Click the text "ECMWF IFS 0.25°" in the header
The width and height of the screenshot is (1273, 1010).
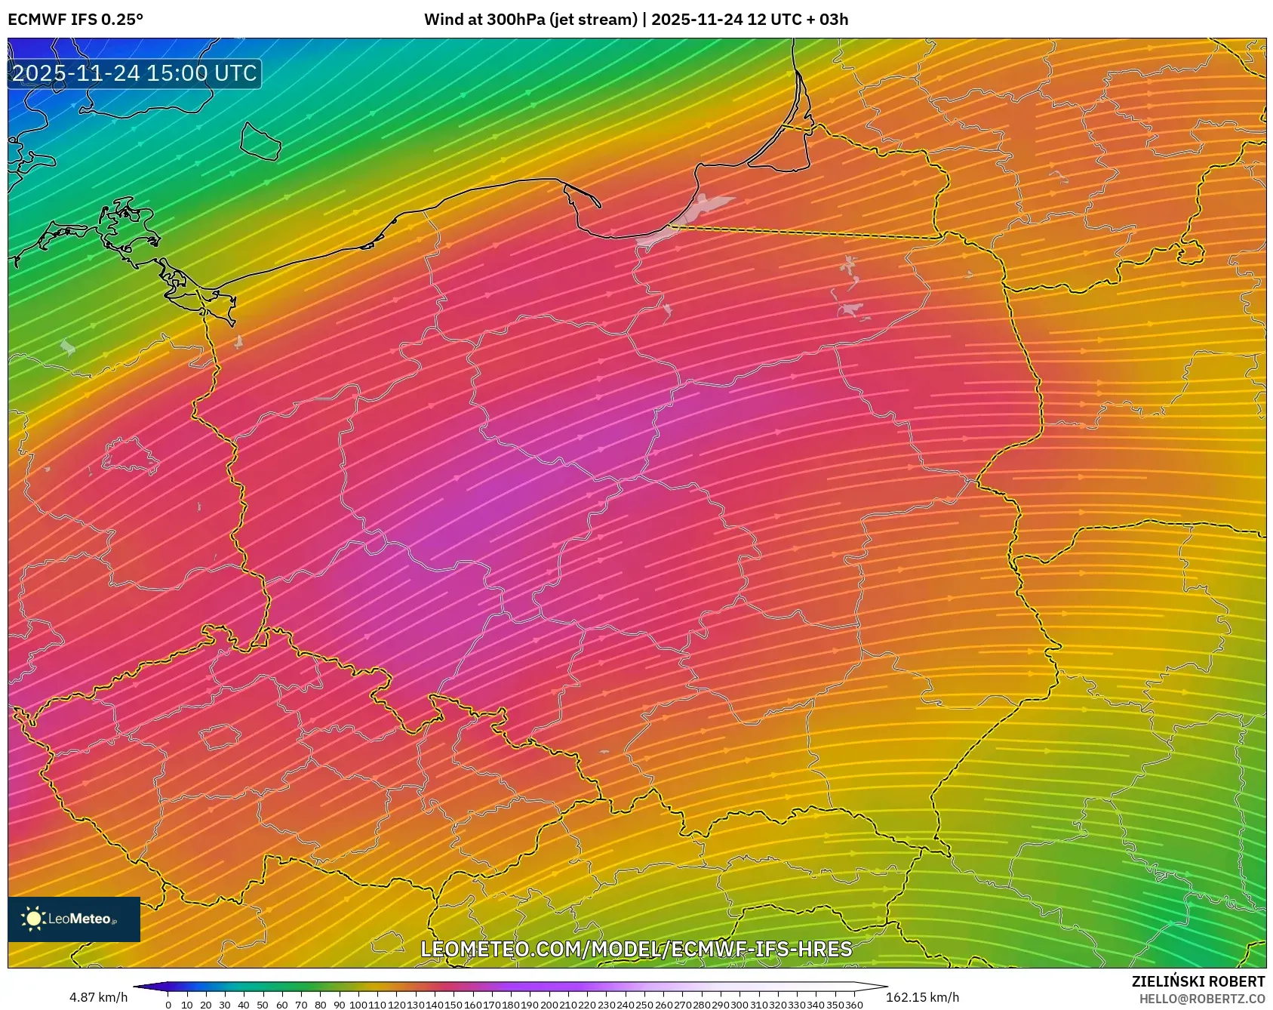click(x=75, y=19)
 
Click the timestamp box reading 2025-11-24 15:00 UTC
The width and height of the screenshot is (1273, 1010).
click(x=134, y=73)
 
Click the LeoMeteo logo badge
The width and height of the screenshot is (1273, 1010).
click(x=74, y=919)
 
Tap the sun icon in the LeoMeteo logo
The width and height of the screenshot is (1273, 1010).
click(x=33, y=919)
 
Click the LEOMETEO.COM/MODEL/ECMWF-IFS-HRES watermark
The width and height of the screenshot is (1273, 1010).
click(x=636, y=949)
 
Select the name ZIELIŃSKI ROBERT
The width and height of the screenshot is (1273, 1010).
click(x=1198, y=981)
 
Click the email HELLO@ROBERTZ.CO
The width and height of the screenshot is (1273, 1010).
click(x=1201, y=999)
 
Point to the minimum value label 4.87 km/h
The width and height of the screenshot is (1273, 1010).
click(x=99, y=997)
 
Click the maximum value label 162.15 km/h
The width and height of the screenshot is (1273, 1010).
click(x=922, y=997)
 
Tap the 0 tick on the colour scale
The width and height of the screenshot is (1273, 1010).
click(x=168, y=1005)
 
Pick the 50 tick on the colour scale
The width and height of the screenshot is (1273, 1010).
click(x=263, y=1005)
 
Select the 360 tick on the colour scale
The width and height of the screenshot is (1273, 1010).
click(x=854, y=1005)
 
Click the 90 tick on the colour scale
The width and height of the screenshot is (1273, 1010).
click(x=339, y=1005)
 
